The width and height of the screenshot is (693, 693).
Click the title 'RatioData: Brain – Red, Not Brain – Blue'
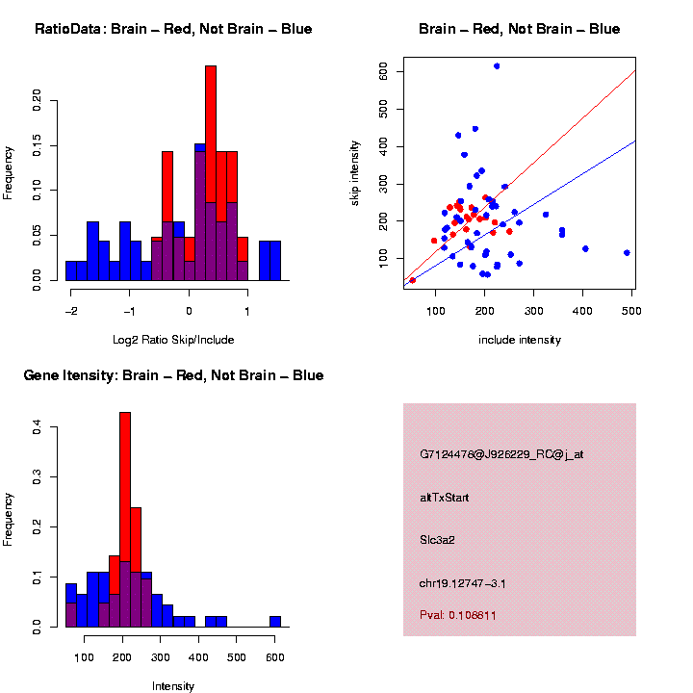173,29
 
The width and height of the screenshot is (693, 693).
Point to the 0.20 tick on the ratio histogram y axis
38,101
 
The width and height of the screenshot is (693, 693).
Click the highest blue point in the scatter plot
497,65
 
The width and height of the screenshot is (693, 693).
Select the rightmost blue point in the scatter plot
627,252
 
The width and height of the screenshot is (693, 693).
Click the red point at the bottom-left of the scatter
413,280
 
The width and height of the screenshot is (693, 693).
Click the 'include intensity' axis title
520,339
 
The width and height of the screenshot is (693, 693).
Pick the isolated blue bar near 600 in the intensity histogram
275,621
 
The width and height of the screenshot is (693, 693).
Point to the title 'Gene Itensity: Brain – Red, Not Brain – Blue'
173,375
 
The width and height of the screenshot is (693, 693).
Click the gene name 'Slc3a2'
437,540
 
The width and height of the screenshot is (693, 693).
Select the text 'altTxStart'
445,498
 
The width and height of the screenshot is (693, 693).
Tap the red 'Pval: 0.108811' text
458,614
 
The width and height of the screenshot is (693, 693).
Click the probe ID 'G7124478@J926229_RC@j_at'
501,454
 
